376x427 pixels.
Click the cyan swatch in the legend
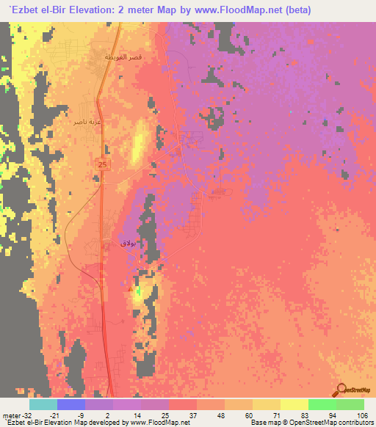tap(43, 404)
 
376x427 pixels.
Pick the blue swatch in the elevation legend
tap(71, 404)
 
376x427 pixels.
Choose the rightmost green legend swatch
tap(350, 404)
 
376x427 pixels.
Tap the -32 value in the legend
tap(24, 415)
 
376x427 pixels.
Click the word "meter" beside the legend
tap(10, 415)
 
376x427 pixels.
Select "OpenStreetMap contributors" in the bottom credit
tap(338, 423)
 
